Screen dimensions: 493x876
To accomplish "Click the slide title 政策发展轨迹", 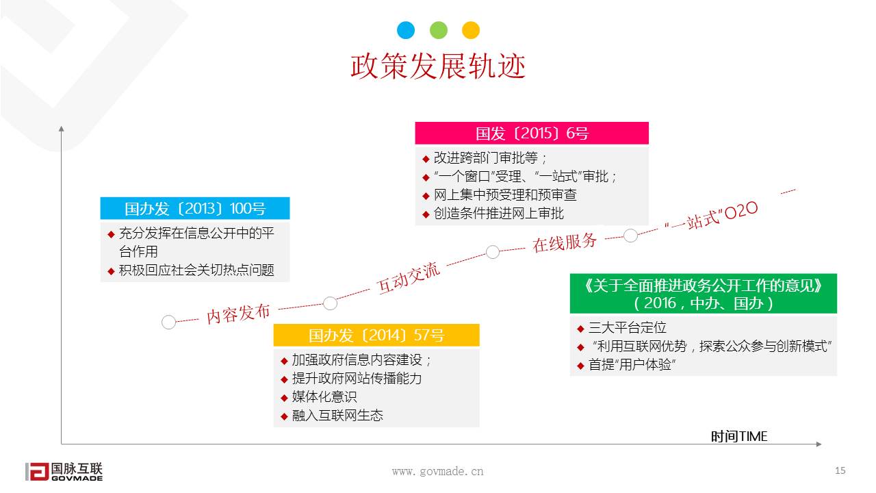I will point(438,66).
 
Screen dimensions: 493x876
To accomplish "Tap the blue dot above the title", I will point(406,30).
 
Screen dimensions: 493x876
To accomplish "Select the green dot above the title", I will point(439,30).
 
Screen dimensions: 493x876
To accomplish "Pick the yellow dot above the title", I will point(471,30).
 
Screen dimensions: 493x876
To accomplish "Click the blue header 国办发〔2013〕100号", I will point(195,209).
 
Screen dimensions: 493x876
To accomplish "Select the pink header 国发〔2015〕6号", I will point(532,134).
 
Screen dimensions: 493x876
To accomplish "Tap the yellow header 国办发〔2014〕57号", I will point(376,336).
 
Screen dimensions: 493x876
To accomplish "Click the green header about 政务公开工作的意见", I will point(703,294).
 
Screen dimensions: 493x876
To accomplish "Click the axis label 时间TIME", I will point(739,436).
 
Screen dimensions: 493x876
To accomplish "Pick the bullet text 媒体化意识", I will point(324,397).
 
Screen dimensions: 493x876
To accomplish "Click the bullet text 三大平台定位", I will point(627,328).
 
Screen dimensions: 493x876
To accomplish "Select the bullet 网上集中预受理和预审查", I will point(505,195).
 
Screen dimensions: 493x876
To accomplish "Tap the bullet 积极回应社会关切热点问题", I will point(196,270).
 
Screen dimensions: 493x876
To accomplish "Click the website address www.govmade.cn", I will point(437,471).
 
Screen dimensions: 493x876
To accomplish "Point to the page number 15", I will point(840,470).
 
